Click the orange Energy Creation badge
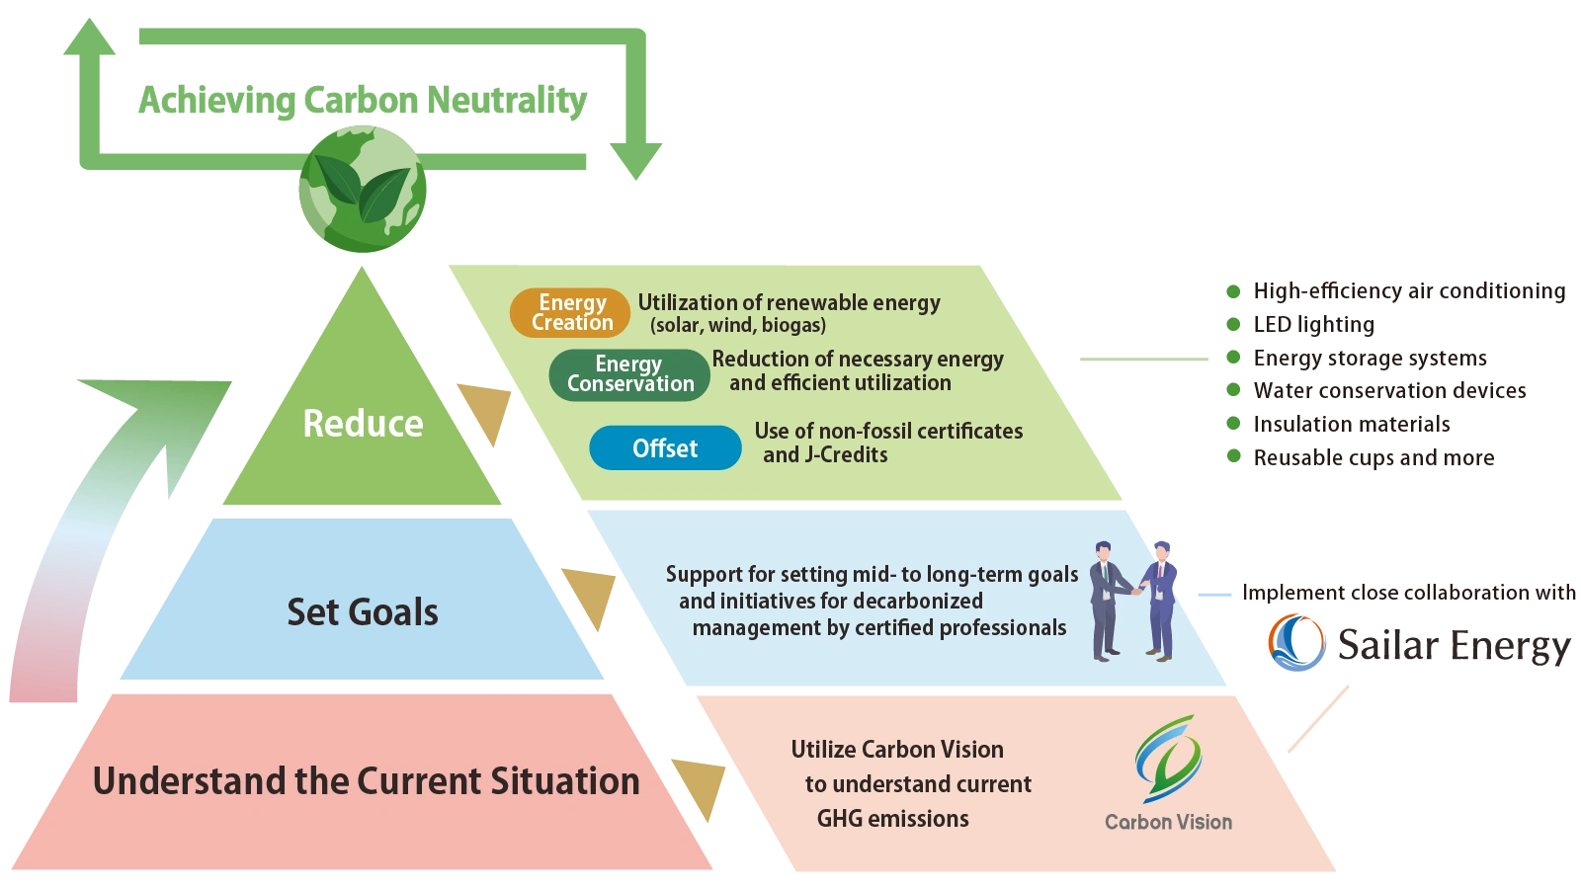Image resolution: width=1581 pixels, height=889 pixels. point(570,312)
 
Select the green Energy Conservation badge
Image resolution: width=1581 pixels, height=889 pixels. point(629,374)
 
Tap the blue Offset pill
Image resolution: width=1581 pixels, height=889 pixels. point(665,448)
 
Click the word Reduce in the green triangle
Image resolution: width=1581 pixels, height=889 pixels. point(363,424)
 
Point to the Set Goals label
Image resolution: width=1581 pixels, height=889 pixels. point(363,612)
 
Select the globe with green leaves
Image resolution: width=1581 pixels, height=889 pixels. point(363,189)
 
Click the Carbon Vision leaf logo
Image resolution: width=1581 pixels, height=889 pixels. point(1168,758)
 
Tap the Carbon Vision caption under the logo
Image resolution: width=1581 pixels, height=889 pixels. point(1168,822)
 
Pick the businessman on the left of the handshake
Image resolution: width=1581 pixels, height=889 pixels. point(1108,600)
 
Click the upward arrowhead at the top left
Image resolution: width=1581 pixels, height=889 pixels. point(87,38)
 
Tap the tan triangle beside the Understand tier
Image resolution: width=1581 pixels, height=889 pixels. point(700,786)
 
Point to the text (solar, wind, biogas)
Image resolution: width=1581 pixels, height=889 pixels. point(737,325)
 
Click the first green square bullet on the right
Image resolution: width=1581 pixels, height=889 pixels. point(1233,291)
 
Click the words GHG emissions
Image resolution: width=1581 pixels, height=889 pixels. point(892,819)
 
